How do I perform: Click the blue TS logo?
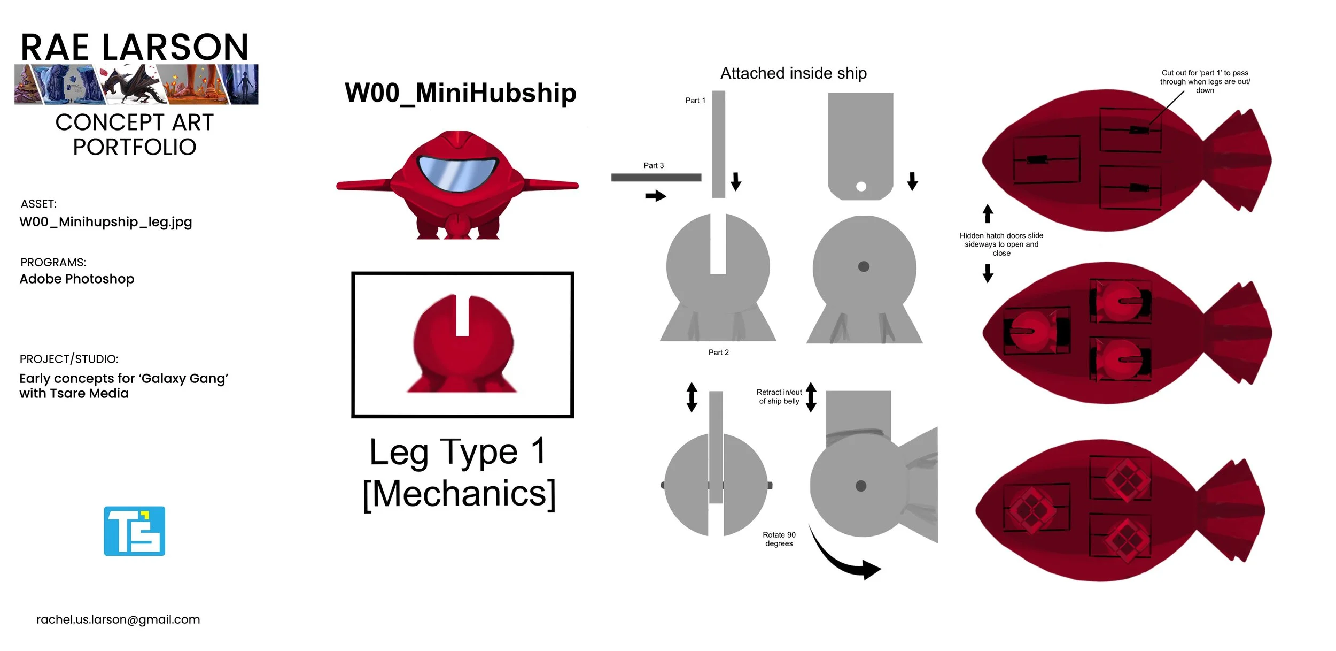[x=134, y=531]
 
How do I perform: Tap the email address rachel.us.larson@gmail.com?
[x=118, y=619]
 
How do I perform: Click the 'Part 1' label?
[x=695, y=101]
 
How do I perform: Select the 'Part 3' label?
[x=654, y=166]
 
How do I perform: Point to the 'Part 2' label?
[x=718, y=353]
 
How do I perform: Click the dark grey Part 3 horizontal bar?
[x=656, y=178]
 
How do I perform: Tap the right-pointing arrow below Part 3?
[x=655, y=196]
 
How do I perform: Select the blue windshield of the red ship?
[x=457, y=173]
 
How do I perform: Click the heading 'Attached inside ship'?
[x=794, y=73]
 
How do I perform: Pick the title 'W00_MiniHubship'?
[x=461, y=93]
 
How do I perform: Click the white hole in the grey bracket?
[x=861, y=187]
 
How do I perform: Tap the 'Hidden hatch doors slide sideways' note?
[x=1001, y=244]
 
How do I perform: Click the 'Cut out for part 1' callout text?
[x=1205, y=82]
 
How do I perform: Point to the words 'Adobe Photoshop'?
[x=77, y=279]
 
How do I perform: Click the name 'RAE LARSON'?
[x=135, y=48]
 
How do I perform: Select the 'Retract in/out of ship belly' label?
[x=779, y=397]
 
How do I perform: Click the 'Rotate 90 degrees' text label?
[x=779, y=539]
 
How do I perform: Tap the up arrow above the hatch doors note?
[x=988, y=213]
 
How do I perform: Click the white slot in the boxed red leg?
[x=462, y=316]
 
